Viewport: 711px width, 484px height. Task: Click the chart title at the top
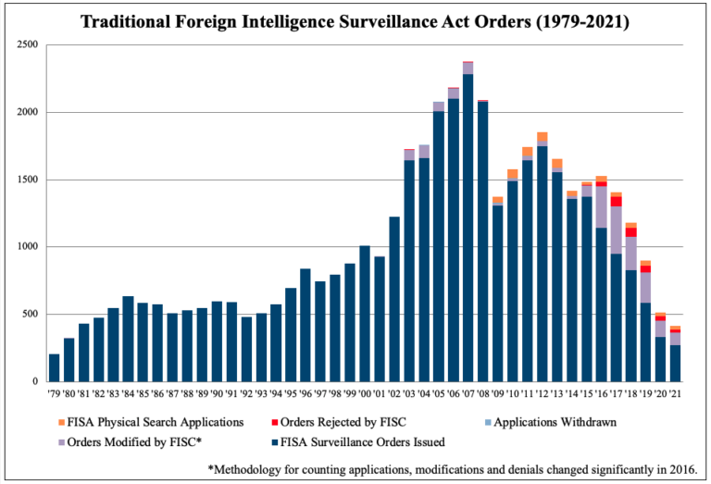pyautogui.click(x=355, y=20)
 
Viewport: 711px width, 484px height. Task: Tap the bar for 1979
pyautogui.click(x=54, y=367)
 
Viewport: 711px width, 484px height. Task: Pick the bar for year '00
pyautogui.click(x=365, y=314)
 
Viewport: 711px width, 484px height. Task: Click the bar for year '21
pyautogui.click(x=675, y=363)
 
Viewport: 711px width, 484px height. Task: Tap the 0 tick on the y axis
pyautogui.click(x=33, y=381)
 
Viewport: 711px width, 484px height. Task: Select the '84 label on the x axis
pyautogui.click(x=128, y=393)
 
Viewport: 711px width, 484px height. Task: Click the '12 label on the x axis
pyautogui.click(x=542, y=393)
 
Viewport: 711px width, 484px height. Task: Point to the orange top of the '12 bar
pyautogui.click(x=542, y=136)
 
